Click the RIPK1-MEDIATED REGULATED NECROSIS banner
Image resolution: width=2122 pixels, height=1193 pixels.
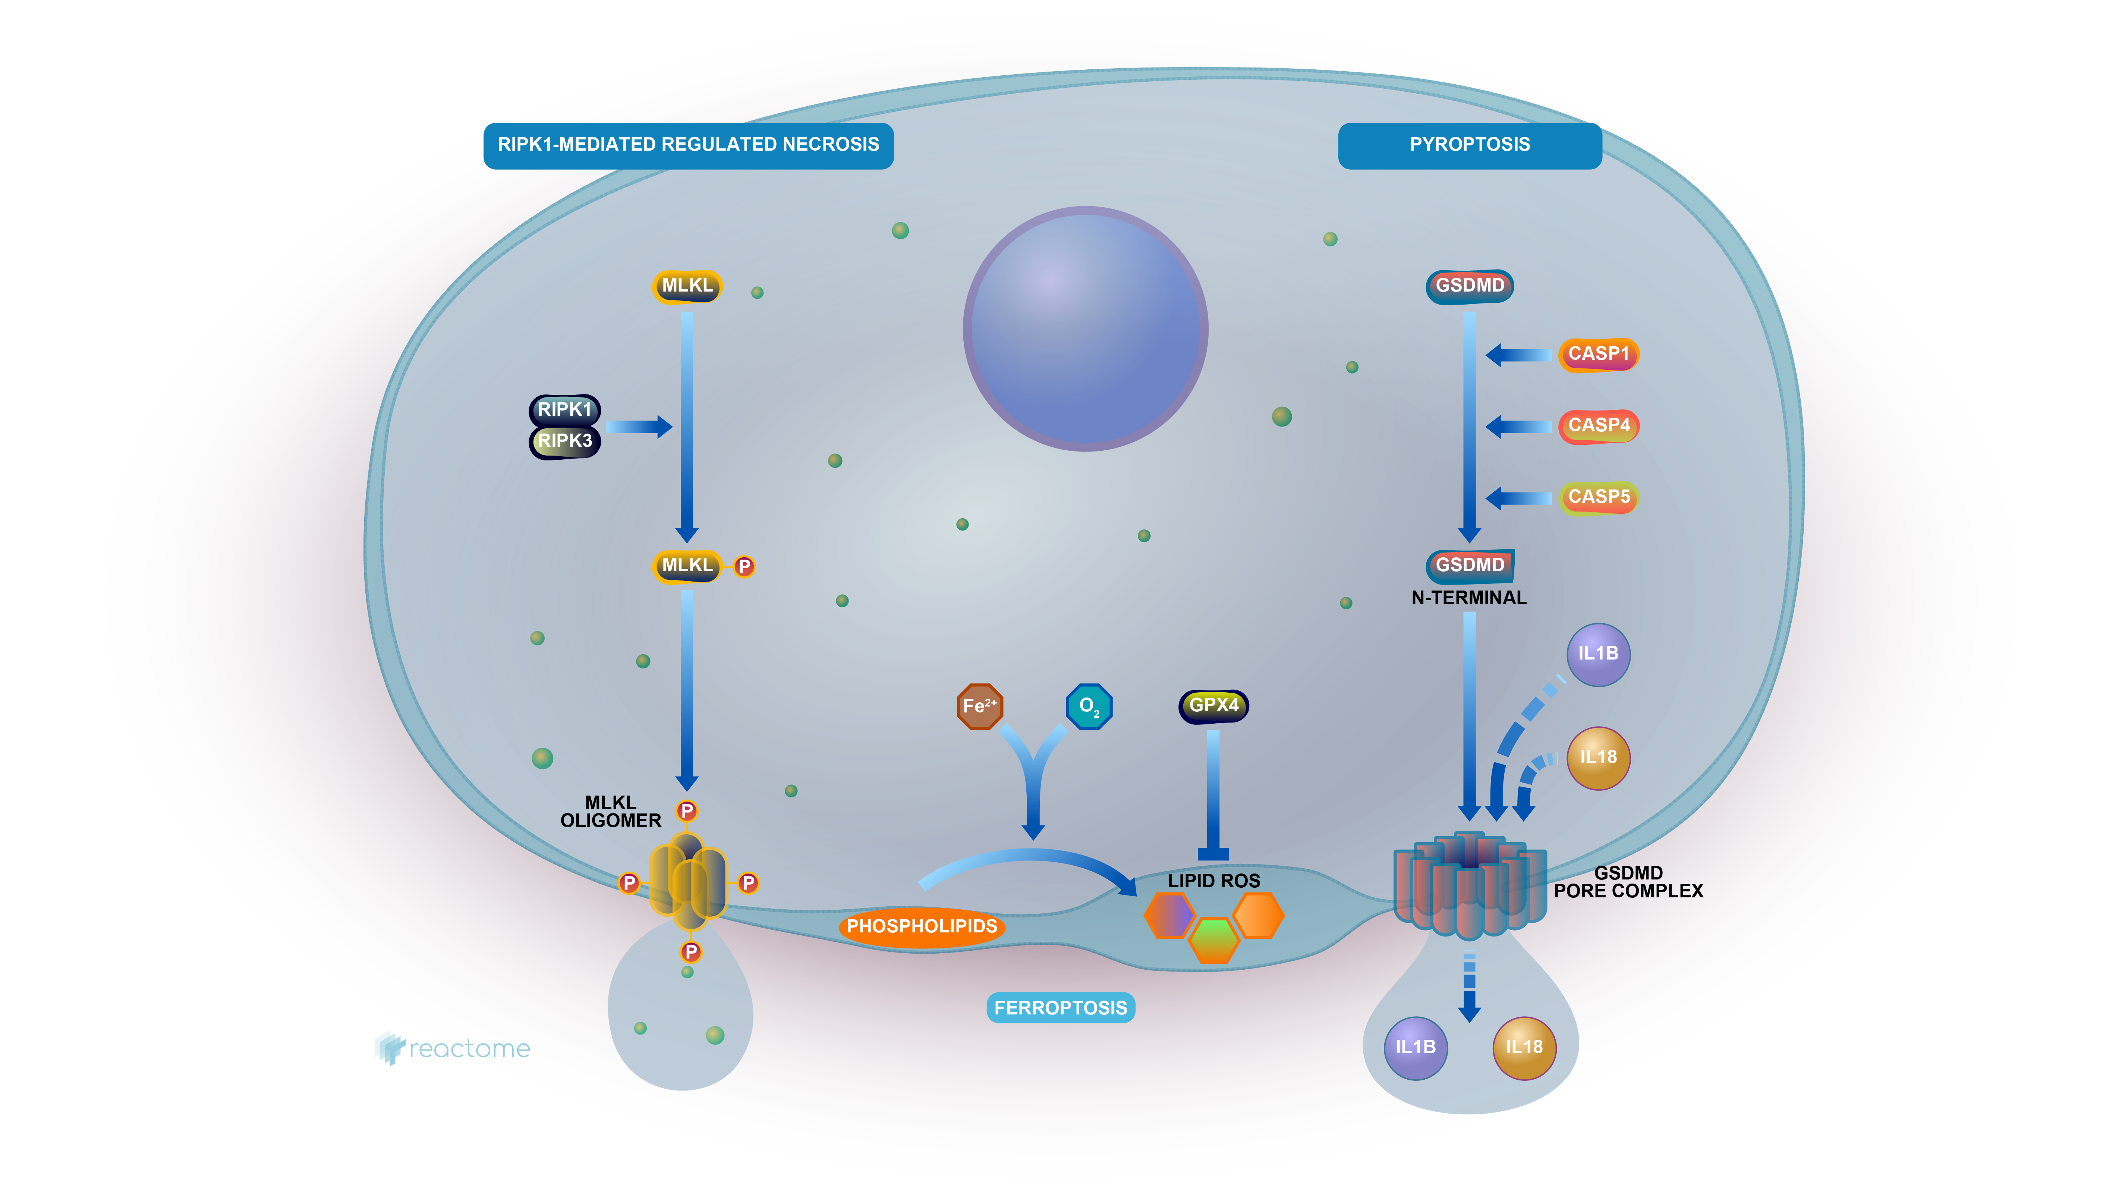688,145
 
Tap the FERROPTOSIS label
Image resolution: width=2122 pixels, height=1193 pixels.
1060,1008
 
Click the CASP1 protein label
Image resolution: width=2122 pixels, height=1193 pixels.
1598,354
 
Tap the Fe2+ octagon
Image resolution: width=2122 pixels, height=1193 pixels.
979,706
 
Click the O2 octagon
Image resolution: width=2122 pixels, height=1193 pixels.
1089,706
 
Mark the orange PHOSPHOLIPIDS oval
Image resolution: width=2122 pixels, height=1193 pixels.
922,927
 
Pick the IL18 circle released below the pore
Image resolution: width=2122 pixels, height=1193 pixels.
1524,1047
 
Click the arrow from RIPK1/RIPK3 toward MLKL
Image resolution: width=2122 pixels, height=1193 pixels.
638,427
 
